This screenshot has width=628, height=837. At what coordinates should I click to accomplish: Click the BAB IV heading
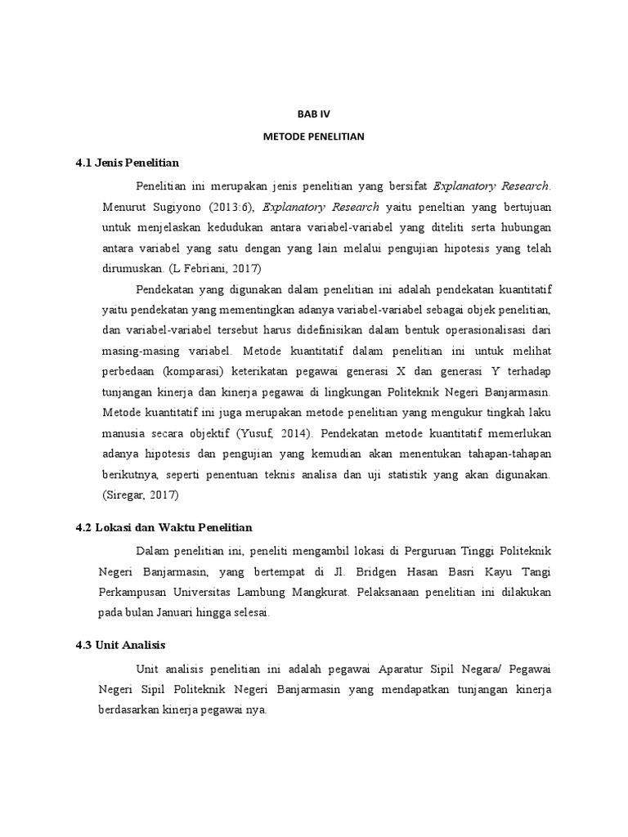pos(314,117)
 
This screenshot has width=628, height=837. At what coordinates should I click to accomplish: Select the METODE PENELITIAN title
pos(314,138)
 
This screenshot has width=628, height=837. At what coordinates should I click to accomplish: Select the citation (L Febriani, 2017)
pos(219,266)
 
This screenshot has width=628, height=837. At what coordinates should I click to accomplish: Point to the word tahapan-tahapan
pos(510,454)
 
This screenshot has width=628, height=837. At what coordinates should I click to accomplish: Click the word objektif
pos(228,433)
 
